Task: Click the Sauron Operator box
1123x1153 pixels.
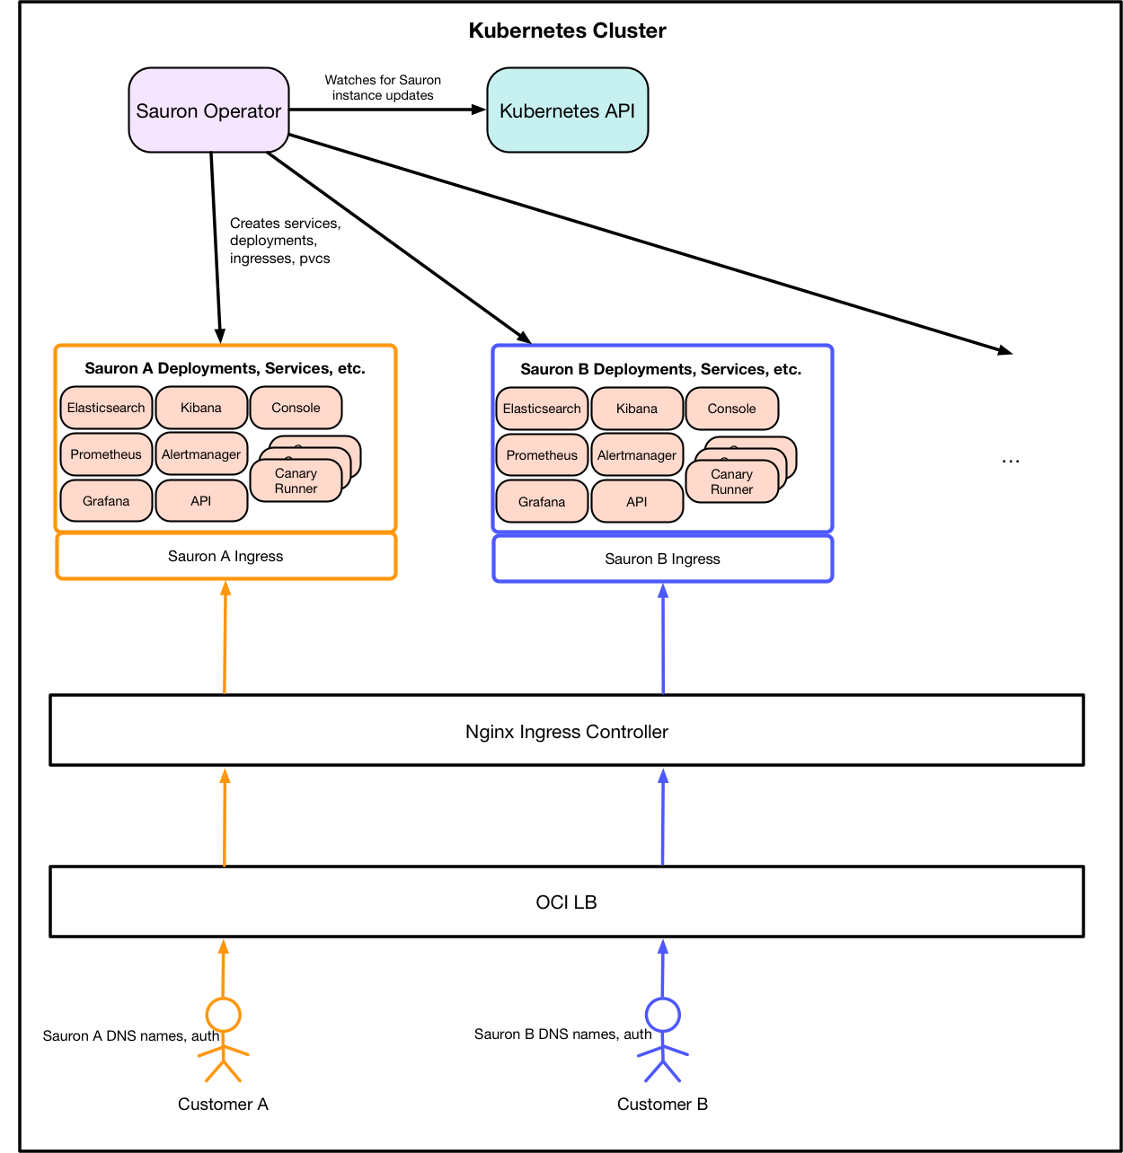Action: (x=208, y=110)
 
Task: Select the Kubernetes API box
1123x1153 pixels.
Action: (x=567, y=110)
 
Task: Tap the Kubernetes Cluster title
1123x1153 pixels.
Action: (x=567, y=31)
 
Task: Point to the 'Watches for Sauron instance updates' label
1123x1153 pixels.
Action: (x=383, y=88)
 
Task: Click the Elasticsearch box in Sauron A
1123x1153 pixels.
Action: (x=106, y=408)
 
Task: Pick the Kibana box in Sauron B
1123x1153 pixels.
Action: (x=637, y=409)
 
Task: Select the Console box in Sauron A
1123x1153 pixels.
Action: (x=296, y=408)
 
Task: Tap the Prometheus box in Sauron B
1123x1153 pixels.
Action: (x=542, y=455)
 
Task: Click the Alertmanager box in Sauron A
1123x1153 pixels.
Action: (x=201, y=454)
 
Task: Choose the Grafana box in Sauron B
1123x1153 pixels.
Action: (x=542, y=502)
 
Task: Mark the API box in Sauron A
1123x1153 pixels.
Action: (x=201, y=501)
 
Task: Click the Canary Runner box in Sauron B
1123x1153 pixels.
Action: (x=731, y=482)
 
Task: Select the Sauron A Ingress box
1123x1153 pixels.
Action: (x=225, y=557)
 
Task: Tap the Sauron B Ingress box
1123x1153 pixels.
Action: (x=662, y=559)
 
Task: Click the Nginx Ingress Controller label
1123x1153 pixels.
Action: (x=566, y=732)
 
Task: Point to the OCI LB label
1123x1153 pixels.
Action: (x=566, y=902)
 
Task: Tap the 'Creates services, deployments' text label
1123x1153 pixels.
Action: (x=285, y=241)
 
